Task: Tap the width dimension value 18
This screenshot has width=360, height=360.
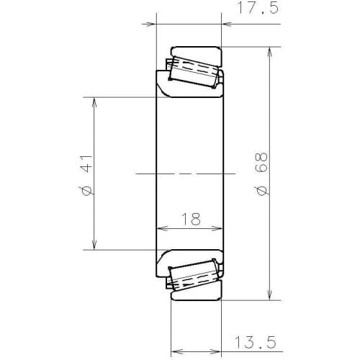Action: pyautogui.click(x=191, y=220)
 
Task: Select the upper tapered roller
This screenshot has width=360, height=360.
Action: pyautogui.click(x=192, y=68)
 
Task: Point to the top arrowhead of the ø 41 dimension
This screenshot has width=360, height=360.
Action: pyautogui.click(x=94, y=102)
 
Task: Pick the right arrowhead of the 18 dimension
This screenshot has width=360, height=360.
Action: pyautogui.click(x=219, y=229)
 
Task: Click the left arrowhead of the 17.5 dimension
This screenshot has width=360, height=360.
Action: pyautogui.click(x=152, y=23)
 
